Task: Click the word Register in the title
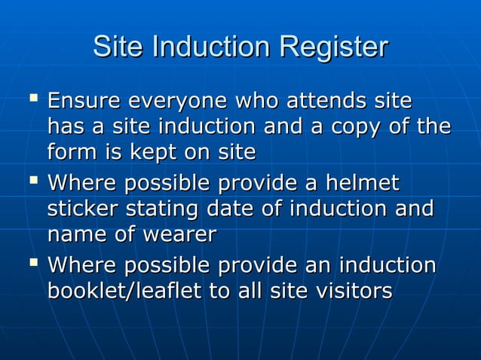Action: tap(333, 48)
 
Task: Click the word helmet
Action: tap(360, 184)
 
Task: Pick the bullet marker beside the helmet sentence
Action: tap(32, 181)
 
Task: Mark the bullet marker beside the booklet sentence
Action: tap(32, 263)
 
